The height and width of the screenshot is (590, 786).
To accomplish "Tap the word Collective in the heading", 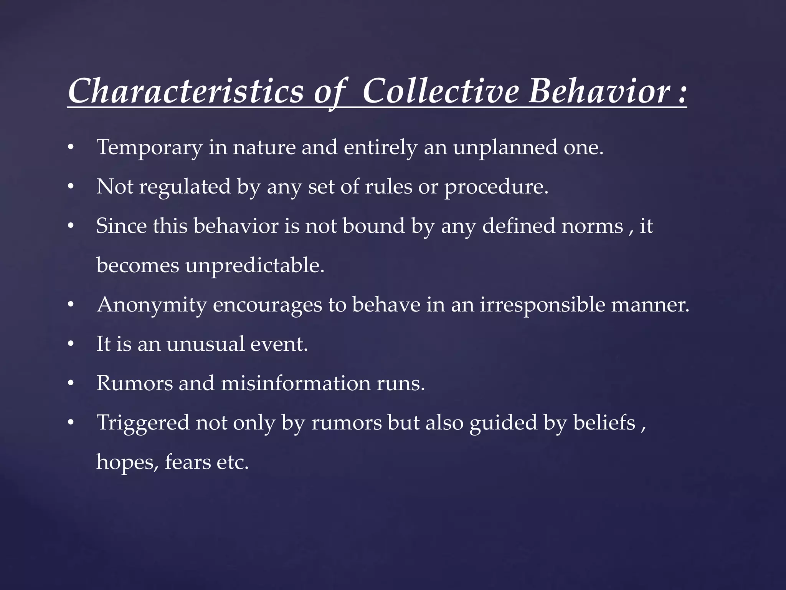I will (x=441, y=91).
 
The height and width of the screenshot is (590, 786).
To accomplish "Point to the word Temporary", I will (x=149, y=147).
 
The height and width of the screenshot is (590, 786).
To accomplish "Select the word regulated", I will (x=185, y=187).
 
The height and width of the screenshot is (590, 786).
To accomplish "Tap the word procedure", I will (x=496, y=187).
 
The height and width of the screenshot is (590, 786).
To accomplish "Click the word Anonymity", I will (x=152, y=305).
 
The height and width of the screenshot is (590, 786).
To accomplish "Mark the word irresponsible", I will (x=542, y=305).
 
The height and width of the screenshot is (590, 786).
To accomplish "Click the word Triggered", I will (x=143, y=423).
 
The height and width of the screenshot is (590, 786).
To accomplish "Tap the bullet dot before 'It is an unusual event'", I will (x=70, y=345).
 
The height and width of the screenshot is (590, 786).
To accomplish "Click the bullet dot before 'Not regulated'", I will (x=70, y=187).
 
